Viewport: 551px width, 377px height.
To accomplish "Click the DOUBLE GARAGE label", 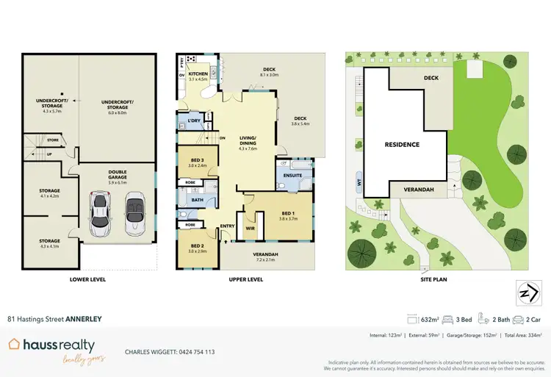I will tap(118, 174).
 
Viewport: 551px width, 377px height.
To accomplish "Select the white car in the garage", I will tap(135, 214).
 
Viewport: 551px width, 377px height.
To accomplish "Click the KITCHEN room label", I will tap(198, 74).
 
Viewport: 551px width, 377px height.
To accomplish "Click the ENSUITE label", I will tap(292, 175).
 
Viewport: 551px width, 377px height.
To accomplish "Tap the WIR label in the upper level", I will tap(250, 228).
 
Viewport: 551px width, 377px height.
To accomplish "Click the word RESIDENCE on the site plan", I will tap(402, 145).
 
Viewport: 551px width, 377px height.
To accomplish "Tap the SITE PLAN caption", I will tap(434, 279).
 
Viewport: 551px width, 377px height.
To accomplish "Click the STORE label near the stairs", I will tap(52, 140).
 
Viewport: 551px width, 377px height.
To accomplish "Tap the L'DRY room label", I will tap(194, 120).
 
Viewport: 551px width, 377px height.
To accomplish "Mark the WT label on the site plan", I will tap(360, 182).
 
